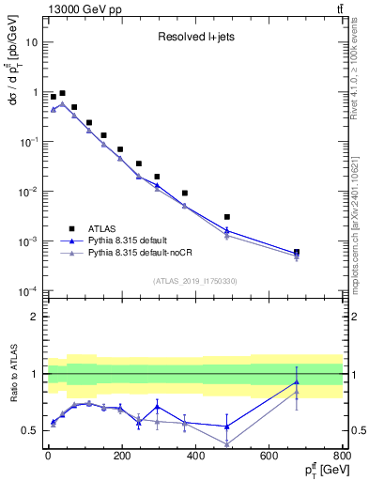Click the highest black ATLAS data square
62,94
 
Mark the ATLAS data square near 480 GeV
227,217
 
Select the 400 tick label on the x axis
194,456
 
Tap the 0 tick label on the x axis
47,456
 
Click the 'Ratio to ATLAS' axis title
12,373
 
